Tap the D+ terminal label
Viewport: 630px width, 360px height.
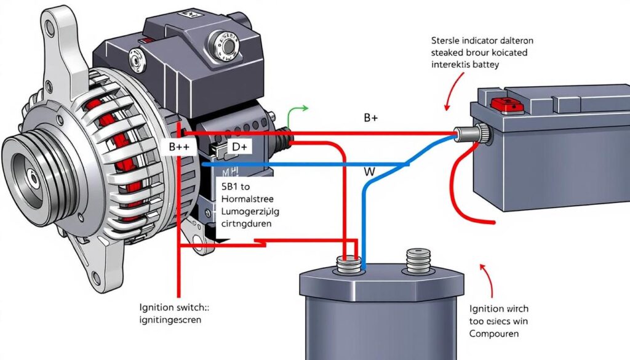point(240,147)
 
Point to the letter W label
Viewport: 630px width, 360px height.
point(369,172)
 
